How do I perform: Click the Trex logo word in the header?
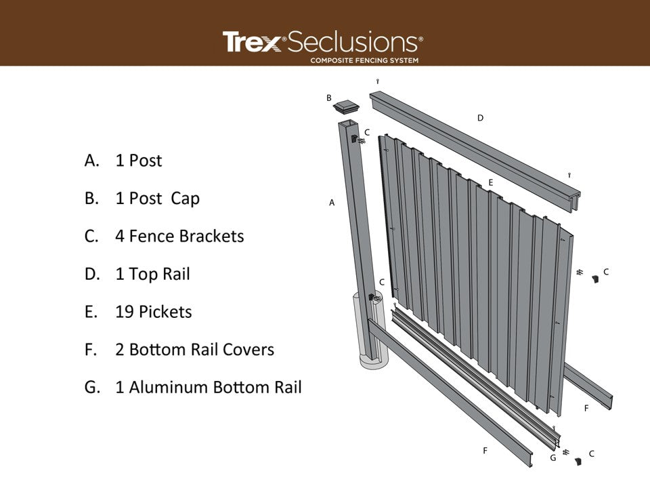coord(251,42)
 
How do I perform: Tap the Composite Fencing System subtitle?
coord(364,60)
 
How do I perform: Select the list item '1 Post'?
coord(138,161)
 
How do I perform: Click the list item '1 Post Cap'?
coord(157,199)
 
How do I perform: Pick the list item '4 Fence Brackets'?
coord(179,236)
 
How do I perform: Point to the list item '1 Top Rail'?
coord(152,274)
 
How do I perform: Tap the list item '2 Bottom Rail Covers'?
coord(194,350)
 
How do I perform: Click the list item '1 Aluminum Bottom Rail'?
coord(208,388)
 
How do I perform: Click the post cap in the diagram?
coord(347,106)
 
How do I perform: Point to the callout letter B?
coord(329,98)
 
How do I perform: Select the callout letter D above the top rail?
coord(480,118)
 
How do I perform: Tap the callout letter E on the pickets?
coord(490,182)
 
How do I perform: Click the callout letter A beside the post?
coord(332,202)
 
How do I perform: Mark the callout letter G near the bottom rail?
coord(552,458)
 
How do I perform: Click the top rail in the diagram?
coord(474,149)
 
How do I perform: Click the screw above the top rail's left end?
coord(376,82)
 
